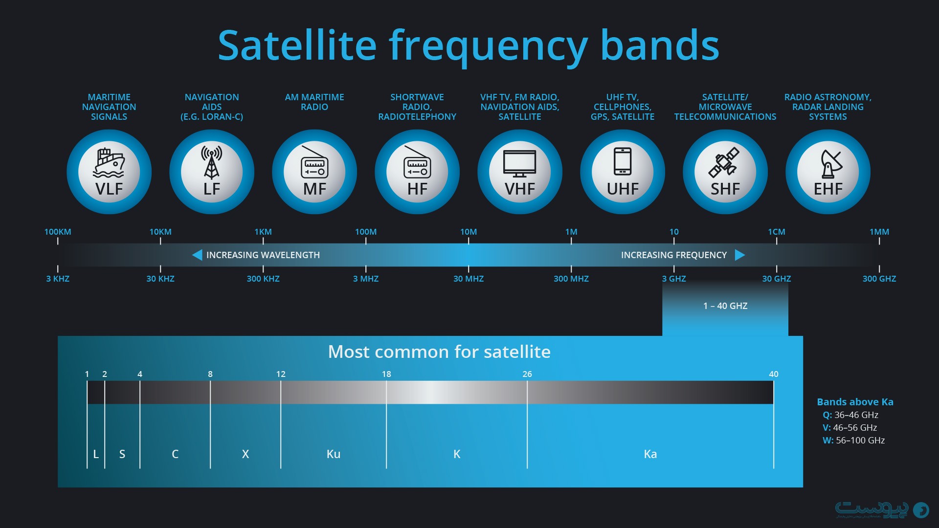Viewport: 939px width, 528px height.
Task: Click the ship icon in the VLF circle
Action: pyautogui.click(x=109, y=163)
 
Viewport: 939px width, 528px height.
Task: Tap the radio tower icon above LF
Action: pyautogui.click(x=212, y=163)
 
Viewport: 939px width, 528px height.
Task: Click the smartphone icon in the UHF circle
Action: pyautogui.click(x=623, y=161)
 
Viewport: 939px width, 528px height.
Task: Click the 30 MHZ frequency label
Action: pyautogui.click(x=469, y=279)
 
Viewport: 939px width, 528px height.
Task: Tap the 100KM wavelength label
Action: pyautogui.click(x=58, y=232)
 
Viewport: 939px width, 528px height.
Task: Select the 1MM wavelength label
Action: pyautogui.click(x=879, y=232)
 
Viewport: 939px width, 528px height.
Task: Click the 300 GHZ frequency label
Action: pyautogui.click(x=879, y=279)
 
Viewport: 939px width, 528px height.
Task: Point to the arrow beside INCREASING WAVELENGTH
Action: pyautogui.click(x=197, y=255)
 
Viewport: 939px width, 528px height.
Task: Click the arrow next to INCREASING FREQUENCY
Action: pyautogui.click(x=740, y=255)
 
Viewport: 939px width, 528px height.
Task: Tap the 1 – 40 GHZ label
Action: pyautogui.click(x=725, y=306)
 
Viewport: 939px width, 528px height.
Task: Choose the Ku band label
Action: pyautogui.click(x=334, y=454)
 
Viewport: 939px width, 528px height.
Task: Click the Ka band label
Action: pyautogui.click(x=650, y=454)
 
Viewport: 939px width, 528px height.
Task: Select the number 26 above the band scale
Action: pyautogui.click(x=527, y=374)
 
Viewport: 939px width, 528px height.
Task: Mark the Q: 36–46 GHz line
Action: pyautogui.click(x=850, y=415)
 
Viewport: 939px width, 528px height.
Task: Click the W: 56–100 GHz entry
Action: pyautogui.click(x=854, y=440)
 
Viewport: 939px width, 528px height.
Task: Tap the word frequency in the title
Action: pyautogui.click(x=488, y=46)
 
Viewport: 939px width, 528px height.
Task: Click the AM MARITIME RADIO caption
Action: pyautogui.click(x=314, y=102)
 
